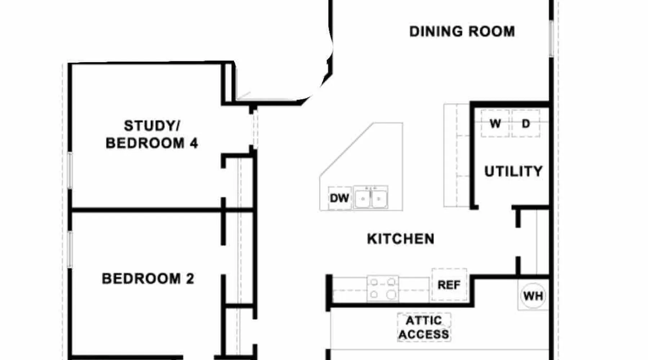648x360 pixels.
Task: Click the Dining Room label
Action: pos(462,31)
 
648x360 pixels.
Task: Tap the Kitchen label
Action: pos(401,239)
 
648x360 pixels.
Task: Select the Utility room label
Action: pos(513,171)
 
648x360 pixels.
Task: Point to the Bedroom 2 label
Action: pos(148,279)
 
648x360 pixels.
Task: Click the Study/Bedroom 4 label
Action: pos(152,135)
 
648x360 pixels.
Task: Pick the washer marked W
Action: pos(495,123)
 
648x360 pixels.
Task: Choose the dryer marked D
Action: pos(526,123)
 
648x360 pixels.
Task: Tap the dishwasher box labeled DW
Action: pos(339,198)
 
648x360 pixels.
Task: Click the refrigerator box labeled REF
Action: pos(449,285)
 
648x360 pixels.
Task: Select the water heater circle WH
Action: pos(533,296)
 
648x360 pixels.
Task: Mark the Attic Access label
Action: pos(424,327)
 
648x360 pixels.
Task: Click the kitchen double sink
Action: pos(370,197)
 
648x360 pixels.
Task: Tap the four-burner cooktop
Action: pos(383,288)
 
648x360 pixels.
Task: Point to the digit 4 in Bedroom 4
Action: pos(194,143)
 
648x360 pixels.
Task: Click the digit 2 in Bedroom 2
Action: pos(190,279)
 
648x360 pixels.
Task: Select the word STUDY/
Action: pos(152,126)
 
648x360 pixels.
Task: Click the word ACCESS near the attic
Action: pos(424,334)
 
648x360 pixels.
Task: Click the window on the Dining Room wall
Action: pos(551,38)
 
